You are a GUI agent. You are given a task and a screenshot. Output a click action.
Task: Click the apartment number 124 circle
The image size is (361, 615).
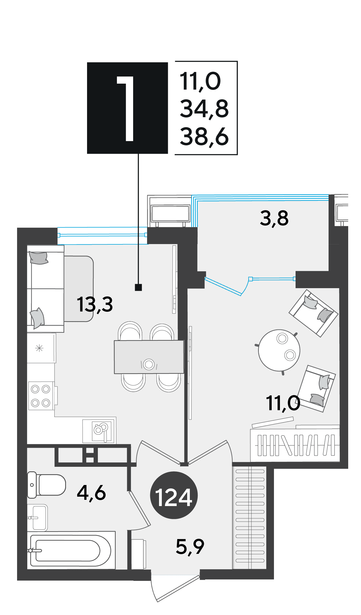174,495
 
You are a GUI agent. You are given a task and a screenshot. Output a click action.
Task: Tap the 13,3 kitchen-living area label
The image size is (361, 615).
95,304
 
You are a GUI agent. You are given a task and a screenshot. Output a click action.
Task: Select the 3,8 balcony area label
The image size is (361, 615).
274,218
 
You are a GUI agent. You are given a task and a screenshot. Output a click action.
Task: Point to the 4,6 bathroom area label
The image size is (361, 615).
91,493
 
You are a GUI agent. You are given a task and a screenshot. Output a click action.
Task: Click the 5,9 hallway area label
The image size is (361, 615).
190,546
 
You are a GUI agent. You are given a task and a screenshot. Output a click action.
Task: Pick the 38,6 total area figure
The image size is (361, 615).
204,137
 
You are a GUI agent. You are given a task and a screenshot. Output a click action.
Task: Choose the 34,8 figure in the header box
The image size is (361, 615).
204,109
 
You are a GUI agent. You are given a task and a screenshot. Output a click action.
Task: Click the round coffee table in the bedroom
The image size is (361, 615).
279,350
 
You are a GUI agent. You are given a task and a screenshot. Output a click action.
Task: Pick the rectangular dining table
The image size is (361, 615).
149,357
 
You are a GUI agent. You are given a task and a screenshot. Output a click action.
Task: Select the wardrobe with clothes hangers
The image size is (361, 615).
295,445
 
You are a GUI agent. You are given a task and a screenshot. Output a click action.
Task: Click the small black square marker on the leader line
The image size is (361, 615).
138,287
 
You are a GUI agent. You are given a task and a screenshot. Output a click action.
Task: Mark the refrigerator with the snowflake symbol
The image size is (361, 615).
42,348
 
